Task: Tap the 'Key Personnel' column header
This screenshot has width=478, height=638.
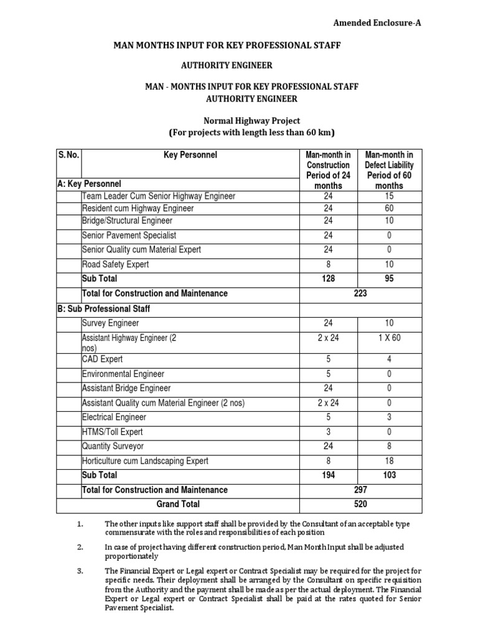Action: (x=190, y=155)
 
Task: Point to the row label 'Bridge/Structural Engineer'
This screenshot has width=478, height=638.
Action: (x=127, y=221)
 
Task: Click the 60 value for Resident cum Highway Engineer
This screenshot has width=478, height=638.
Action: (x=389, y=208)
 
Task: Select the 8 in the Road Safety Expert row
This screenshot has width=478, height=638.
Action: (x=328, y=264)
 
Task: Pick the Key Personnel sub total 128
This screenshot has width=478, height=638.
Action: (x=328, y=279)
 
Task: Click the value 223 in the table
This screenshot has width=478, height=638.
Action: (x=359, y=293)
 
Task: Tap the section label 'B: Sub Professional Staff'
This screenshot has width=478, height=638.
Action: (x=103, y=308)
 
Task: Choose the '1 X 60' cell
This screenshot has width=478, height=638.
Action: (x=389, y=338)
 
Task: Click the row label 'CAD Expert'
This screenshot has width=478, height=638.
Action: (x=102, y=359)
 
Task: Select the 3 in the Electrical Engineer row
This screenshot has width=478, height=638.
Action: (x=389, y=417)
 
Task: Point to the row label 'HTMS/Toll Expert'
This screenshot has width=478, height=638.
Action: (x=112, y=432)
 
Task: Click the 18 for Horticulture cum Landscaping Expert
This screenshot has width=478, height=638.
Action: (x=389, y=461)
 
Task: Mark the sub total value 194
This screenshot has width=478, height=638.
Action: (x=328, y=475)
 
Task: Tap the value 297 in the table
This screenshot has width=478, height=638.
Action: (x=359, y=490)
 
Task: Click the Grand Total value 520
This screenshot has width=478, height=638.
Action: (x=359, y=504)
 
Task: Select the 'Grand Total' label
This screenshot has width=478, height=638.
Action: (x=178, y=504)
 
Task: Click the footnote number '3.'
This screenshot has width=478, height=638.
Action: (x=80, y=570)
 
